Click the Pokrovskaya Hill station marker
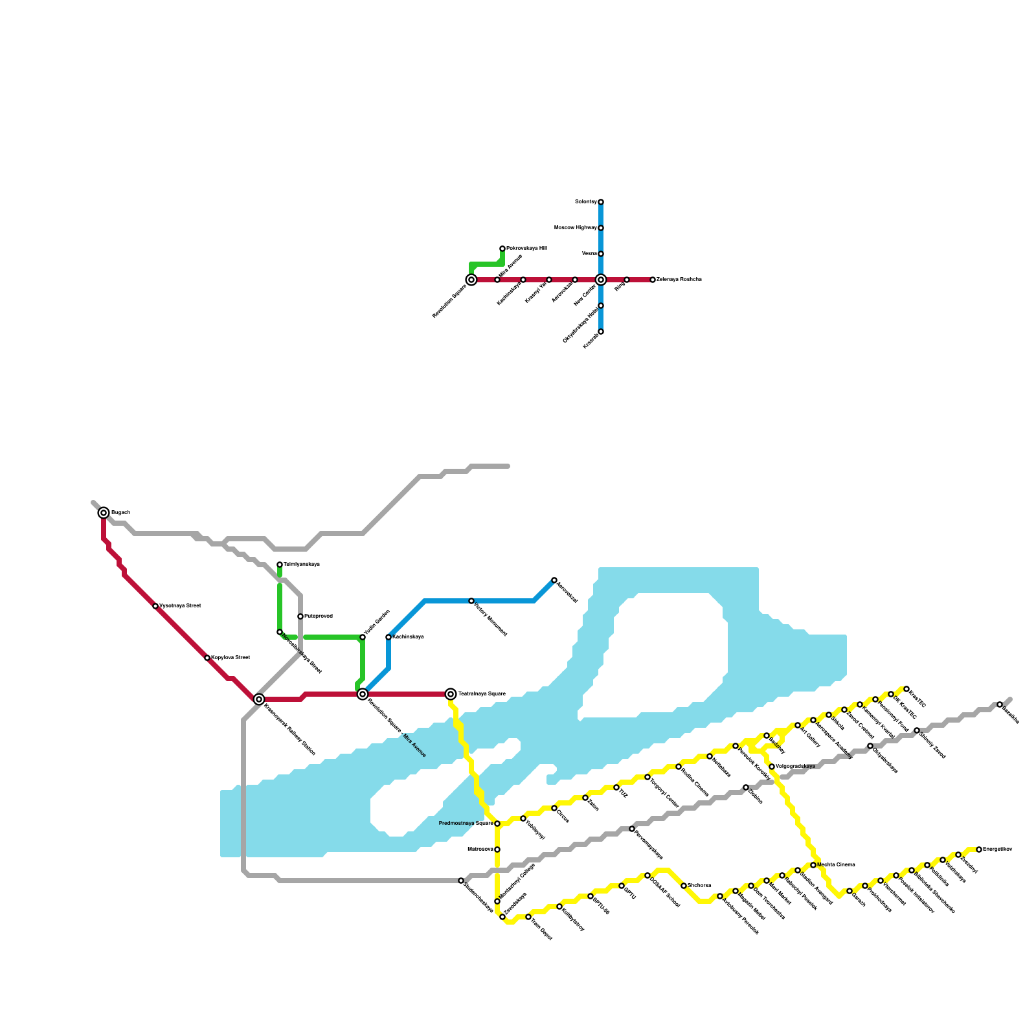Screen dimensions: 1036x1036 (502, 249)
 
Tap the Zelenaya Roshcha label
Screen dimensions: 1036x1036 (679, 280)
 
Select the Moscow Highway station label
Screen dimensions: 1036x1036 (575, 228)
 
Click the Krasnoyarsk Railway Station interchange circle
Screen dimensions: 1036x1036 (259, 699)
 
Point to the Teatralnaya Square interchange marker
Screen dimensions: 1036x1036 (451, 694)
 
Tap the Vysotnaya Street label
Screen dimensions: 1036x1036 (180, 606)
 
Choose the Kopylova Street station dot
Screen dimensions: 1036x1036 (207, 658)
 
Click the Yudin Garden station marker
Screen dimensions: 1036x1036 (363, 637)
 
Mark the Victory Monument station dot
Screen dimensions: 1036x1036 (471, 601)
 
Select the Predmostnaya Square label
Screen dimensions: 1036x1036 (466, 824)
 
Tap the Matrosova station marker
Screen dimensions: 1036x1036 (497, 850)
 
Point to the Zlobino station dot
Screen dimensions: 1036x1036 (746, 787)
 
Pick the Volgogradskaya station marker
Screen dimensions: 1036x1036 (772, 767)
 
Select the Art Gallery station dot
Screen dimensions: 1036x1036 (798, 725)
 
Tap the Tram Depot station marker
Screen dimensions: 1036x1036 (528, 917)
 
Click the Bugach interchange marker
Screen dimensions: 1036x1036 (104, 513)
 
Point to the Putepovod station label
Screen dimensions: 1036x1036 (319, 616)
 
